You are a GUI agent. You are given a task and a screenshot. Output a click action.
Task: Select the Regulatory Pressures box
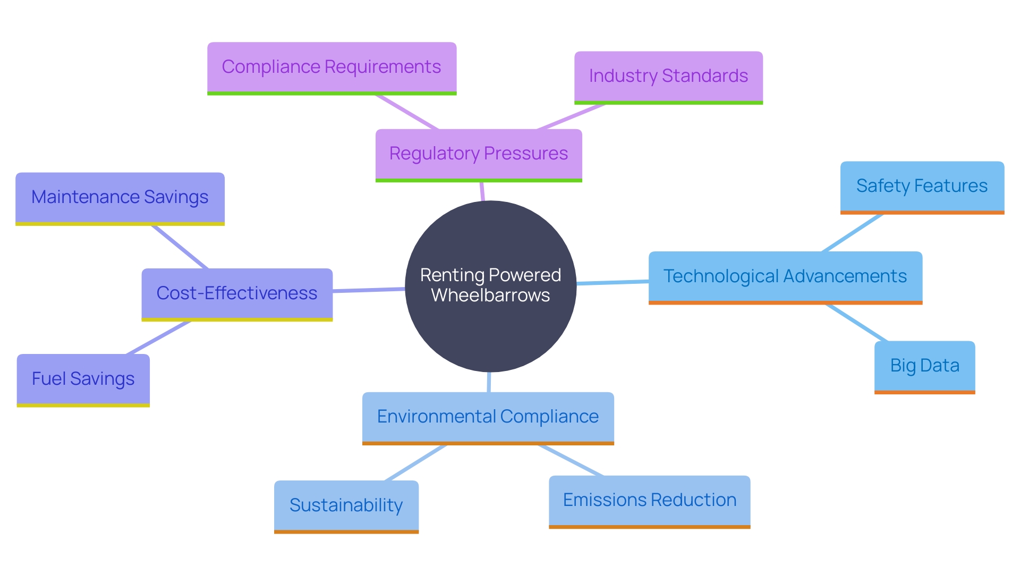click(479, 154)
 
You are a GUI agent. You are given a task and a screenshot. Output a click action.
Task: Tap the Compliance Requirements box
click(331, 67)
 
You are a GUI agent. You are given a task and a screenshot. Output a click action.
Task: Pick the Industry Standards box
click(668, 77)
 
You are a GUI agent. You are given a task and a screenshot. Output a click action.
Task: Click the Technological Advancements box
click(785, 277)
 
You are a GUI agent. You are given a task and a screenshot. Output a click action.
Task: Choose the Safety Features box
click(922, 187)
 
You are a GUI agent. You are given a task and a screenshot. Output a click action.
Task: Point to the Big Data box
click(924, 366)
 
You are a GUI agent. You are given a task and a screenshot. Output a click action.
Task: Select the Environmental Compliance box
click(488, 417)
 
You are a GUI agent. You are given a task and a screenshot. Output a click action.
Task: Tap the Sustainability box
click(346, 505)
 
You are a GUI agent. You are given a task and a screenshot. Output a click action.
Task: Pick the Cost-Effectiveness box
click(237, 293)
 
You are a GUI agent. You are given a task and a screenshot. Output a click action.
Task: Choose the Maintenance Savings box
click(120, 198)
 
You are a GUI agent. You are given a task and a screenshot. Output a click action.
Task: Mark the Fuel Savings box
click(83, 379)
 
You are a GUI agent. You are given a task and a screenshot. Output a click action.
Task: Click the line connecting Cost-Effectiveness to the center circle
click(369, 290)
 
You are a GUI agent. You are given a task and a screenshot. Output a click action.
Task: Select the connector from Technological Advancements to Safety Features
click(853, 233)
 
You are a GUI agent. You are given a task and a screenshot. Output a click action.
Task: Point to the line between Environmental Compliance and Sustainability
click(416, 462)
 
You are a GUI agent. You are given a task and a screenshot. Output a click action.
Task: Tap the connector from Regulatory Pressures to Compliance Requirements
click(407, 112)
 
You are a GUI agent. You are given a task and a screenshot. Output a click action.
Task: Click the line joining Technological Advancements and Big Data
click(857, 323)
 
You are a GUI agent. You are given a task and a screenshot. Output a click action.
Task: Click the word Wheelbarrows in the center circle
click(490, 296)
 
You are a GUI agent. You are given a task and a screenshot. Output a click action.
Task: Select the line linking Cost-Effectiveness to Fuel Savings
click(158, 337)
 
